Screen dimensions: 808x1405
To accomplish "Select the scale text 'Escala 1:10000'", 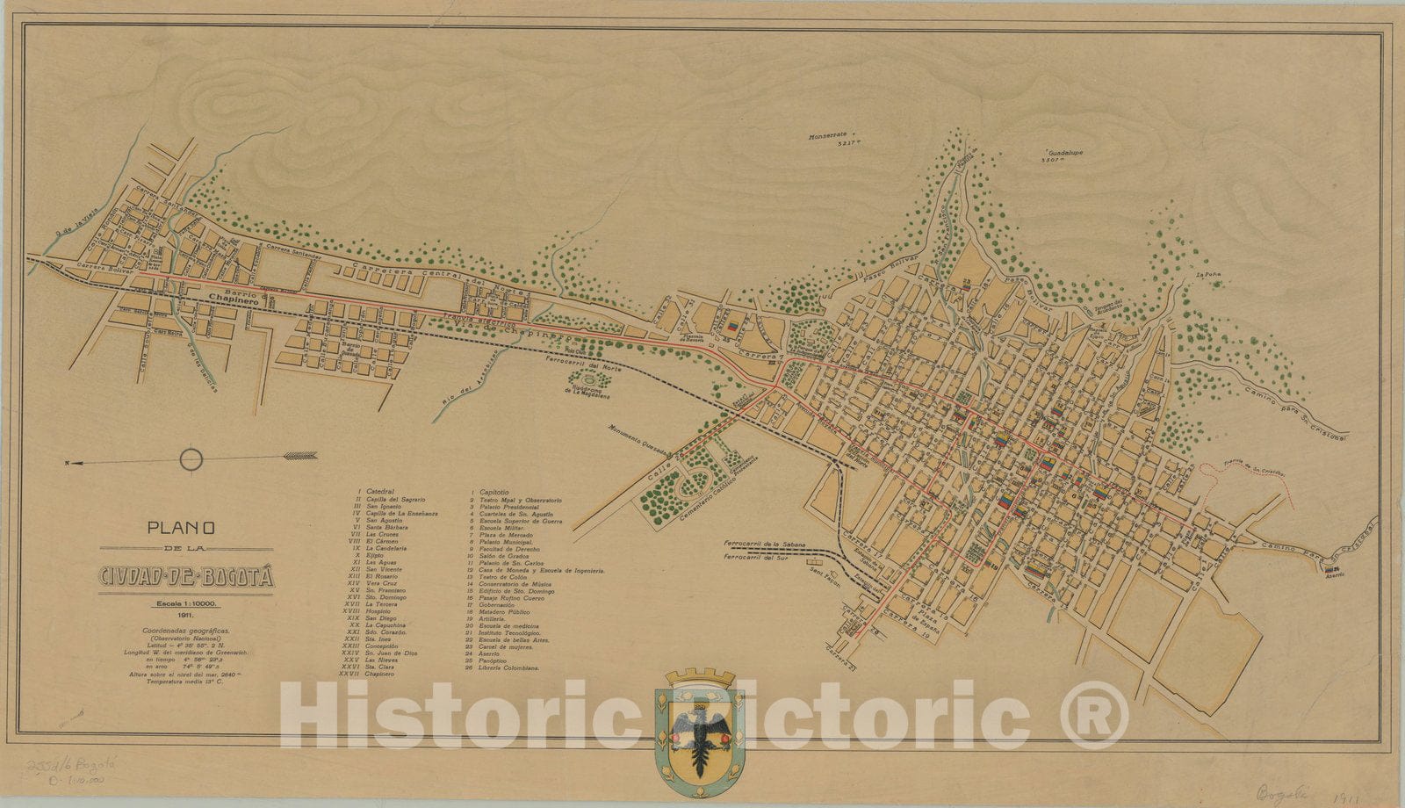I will click(x=187, y=605).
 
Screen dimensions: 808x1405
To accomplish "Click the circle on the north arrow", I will click(x=191, y=458).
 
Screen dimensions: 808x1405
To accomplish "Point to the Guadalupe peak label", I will click(x=1060, y=153).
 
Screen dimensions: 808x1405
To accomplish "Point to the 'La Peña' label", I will click(x=1208, y=276).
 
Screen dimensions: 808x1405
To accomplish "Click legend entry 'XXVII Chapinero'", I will click(x=368, y=675).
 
